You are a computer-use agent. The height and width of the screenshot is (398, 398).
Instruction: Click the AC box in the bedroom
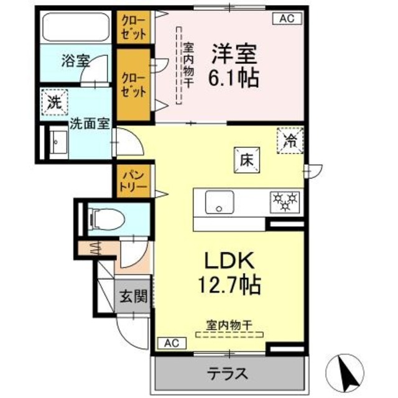285,19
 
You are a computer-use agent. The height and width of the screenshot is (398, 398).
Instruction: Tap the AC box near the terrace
172,342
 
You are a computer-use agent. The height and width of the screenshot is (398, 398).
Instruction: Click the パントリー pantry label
132,180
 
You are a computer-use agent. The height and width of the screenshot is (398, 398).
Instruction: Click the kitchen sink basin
220,201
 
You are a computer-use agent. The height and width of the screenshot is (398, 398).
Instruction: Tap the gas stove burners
284,201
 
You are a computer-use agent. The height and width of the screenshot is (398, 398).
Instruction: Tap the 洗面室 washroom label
89,123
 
